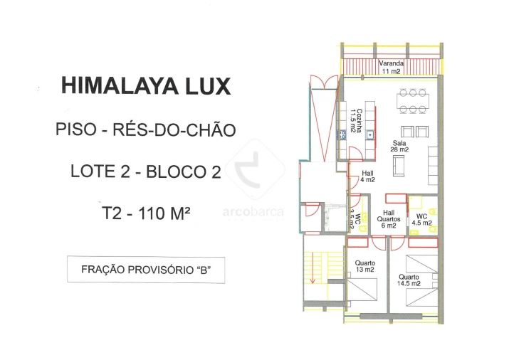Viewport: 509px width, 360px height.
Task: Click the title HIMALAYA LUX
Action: coord(146,86)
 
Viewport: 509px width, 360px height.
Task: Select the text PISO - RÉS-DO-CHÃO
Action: coord(145,129)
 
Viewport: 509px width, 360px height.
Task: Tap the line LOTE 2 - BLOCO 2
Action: coord(146,171)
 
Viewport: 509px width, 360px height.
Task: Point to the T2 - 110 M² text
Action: coord(145,212)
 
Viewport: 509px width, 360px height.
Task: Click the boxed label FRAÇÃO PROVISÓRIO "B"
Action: coord(145,270)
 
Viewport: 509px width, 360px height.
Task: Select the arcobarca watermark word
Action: coord(253,212)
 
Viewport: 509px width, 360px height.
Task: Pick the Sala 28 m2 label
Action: coord(399,146)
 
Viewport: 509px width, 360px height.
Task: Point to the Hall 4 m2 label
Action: coord(367,176)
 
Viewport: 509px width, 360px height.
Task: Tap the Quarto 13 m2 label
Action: coord(364,266)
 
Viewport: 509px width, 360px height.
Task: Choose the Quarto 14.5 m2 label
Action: coord(409,280)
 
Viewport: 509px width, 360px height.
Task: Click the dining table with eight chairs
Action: coord(412,101)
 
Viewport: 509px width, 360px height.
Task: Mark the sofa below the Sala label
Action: coord(399,166)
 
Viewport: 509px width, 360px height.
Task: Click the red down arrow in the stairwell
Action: coord(312,274)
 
